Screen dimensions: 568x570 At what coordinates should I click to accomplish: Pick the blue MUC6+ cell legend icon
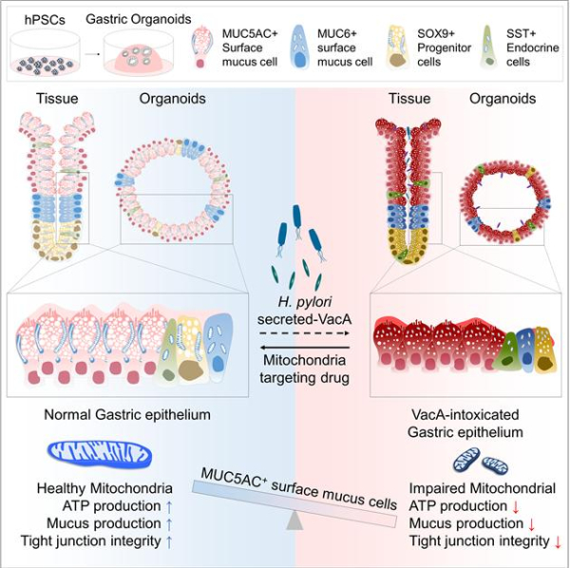click(303, 44)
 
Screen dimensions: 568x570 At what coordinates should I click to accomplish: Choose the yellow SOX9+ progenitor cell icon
click(393, 44)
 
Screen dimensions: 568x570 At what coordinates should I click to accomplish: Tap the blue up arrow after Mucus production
click(168, 523)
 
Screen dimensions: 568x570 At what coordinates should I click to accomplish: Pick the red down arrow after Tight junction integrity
click(558, 541)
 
